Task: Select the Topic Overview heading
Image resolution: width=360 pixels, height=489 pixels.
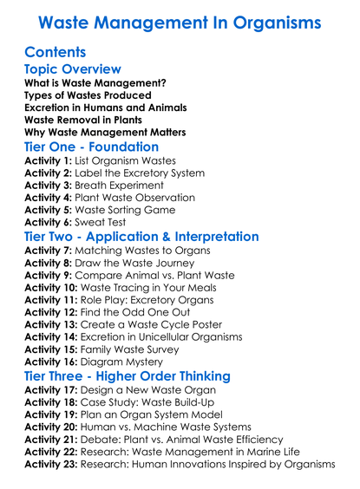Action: coord(73,69)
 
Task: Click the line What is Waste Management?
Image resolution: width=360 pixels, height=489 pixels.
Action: coord(95,84)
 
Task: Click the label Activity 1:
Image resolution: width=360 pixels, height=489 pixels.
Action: coord(47,161)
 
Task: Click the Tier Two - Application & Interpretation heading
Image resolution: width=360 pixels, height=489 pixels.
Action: coord(141,237)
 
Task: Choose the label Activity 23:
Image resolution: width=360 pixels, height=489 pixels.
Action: coord(50,464)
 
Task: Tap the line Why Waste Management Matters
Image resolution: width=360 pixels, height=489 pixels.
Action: coord(105,132)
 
